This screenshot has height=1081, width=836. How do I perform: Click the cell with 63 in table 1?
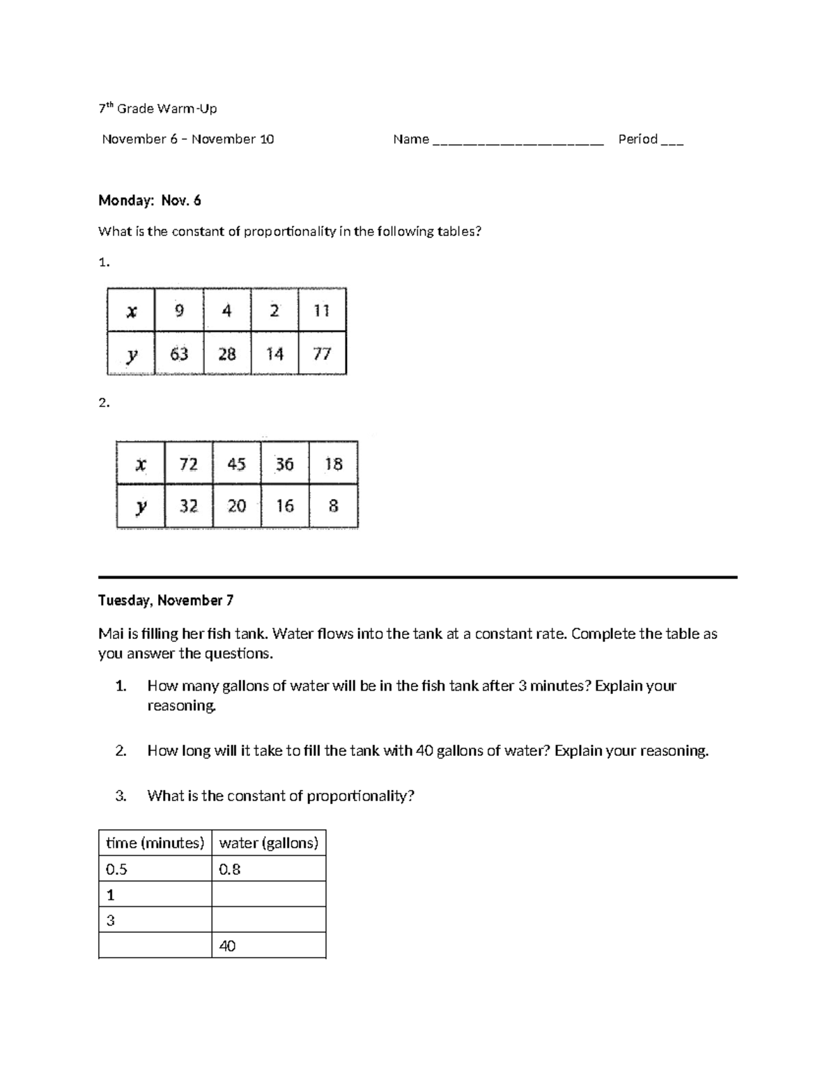point(179,354)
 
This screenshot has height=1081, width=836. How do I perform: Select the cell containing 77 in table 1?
point(322,354)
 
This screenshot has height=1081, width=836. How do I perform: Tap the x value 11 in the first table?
point(322,310)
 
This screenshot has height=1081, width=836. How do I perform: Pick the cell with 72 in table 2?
point(189,464)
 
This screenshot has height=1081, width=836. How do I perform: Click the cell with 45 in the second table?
point(237,464)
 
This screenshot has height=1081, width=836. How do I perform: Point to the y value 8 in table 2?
point(333,506)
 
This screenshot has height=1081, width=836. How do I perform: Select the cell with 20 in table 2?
point(237,506)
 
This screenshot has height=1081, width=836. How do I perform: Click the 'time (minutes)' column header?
point(155,843)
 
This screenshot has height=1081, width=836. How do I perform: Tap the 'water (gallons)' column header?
point(268,843)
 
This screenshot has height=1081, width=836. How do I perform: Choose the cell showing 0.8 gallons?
point(268,869)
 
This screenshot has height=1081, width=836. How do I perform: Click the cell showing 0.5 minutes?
point(155,869)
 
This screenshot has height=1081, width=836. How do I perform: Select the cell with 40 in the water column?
point(268,946)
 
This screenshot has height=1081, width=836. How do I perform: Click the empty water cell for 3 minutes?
point(268,920)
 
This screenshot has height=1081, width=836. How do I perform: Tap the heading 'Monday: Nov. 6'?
point(150,200)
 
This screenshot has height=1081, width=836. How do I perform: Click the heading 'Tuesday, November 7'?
point(166,600)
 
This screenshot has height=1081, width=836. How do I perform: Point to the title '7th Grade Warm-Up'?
point(157,109)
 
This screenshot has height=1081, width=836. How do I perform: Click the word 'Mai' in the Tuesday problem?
point(110,634)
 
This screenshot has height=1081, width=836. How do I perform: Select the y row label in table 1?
point(131,354)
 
